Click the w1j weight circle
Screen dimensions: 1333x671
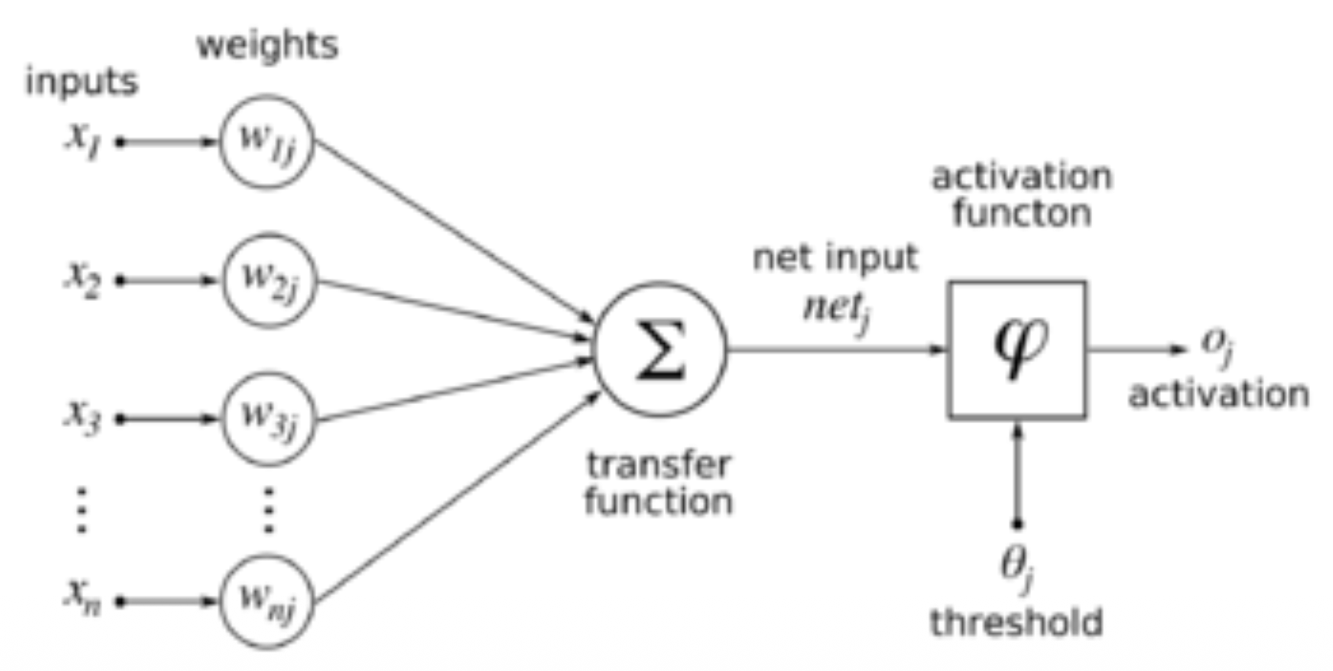click(x=221, y=142)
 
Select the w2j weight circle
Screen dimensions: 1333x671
click(x=223, y=280)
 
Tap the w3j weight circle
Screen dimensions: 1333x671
click(x=223, y=419)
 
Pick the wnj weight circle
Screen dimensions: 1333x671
click(x=221, y=601)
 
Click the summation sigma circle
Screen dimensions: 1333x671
click(x=595, y=349)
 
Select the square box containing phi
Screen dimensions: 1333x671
click(x=949, y=349)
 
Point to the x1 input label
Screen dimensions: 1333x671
click(x=84, y=140)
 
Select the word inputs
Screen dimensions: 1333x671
click(x=82, y=81)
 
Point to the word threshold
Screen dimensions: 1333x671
click(x=1017, y=622)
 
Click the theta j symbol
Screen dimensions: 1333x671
click(x=1017, y=567)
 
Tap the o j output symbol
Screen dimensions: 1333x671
click(x=1217, y=346)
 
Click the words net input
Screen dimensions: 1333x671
click(x=835, y=258)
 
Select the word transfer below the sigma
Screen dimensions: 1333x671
click(x=659, y=464)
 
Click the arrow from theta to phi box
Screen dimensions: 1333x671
click(x=1018, y=473)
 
